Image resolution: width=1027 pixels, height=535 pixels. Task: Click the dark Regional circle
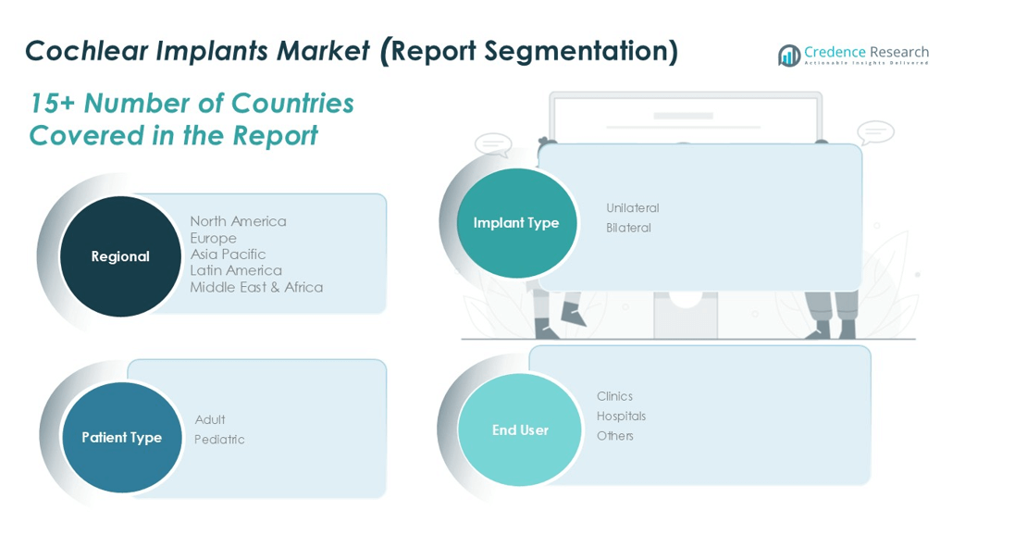[120, 256]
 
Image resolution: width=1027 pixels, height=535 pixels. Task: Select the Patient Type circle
[121, 437]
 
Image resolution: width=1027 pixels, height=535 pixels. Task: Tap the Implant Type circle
[516, 223]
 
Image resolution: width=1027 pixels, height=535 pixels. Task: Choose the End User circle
[520, 429]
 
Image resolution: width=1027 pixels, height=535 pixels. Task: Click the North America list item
[238, 221]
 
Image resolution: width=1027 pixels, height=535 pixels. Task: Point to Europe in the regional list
[213, 238]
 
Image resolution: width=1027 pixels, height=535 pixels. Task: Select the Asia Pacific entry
[228, 255]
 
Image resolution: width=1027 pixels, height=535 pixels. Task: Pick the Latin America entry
[236, 270]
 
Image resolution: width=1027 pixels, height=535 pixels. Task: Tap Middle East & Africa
[256, 287]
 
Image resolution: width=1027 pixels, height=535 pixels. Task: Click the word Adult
[210, 419]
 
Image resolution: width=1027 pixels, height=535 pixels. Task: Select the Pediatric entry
[219, 440]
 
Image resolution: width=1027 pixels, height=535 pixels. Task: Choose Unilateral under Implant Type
[632, 208]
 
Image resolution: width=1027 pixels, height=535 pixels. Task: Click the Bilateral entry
[628, 228]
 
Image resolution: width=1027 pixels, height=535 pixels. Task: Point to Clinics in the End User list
[614, 396]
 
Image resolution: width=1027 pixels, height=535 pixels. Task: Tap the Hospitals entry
[621, 417]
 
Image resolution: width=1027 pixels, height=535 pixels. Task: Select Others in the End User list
[614, 436]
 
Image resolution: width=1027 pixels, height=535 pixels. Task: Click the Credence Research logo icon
[789, 56]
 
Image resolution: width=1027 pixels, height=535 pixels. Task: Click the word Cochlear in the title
[86, 51]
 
